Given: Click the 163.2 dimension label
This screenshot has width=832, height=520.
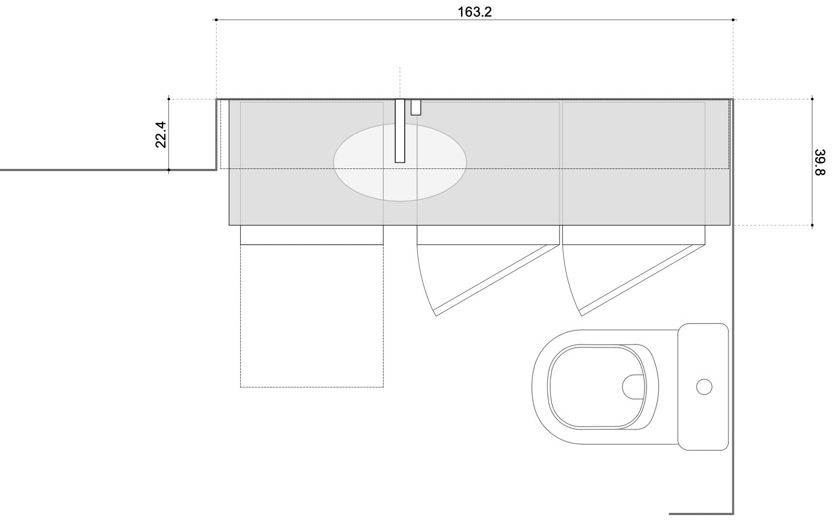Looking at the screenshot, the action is [x=474, y=12].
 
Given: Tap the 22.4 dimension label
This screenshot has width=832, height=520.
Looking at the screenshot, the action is [x=161, y=135].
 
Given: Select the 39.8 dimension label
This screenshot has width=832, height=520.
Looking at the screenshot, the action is [x=820, y=162].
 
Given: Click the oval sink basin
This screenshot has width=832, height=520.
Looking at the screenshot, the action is [x=400, y=162].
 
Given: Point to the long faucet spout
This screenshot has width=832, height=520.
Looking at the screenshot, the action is [x=400, y=131].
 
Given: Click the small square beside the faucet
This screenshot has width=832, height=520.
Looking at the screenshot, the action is [x=416, y=107].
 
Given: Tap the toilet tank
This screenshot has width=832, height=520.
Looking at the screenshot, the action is [x=703, y=387].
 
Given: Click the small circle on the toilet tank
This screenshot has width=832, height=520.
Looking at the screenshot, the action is [x=704, y=387].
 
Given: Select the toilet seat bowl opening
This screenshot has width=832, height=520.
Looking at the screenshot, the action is [x=597, y=387].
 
